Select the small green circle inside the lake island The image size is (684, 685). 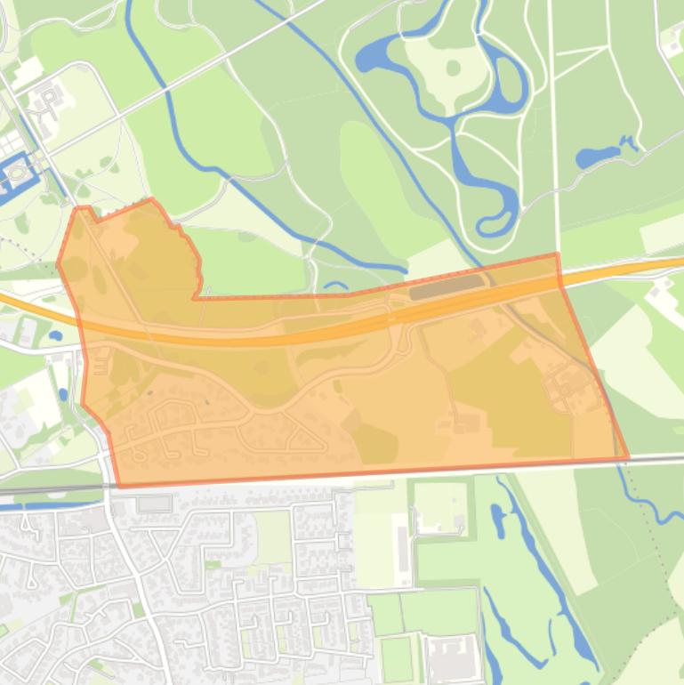[453, 68]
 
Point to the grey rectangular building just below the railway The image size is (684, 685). [154, 504]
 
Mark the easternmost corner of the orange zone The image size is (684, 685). [628, 457]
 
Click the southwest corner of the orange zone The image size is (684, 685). [120, 486]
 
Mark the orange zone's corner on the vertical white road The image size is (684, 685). [558, 255]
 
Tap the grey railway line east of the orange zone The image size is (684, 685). [658, 458]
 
